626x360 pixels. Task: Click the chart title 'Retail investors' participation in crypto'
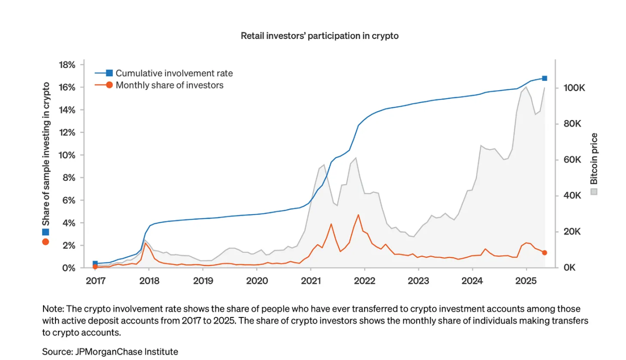(319, 36)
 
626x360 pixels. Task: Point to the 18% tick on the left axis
(66, 65)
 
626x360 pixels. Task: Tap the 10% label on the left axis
(66, 155)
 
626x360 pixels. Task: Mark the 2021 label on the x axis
(311, 280)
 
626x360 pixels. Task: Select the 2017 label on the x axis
(95, 280)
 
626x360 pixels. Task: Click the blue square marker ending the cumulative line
(544, 78)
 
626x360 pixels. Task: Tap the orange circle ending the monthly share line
(544, 252)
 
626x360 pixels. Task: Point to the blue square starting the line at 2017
(95, 263)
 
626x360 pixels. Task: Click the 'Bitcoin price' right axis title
(594, 159)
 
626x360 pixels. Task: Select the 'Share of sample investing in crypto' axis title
(46, 154)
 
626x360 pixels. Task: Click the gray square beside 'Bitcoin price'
(594, 192)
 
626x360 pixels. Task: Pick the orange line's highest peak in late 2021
(358, 215)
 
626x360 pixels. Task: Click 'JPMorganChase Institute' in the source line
(127, 352)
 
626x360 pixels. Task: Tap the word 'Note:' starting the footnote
(52, 309)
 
